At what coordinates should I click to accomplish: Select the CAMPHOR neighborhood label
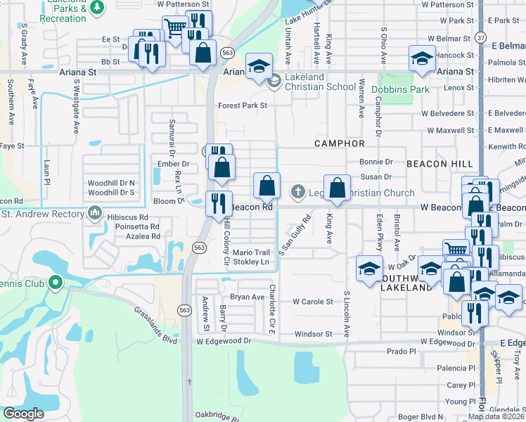pyautogui.click(x=339, y=143)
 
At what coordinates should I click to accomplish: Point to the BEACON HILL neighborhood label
pyautogui.click(x=444, y=163)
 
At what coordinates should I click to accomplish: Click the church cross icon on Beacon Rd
pyautogui.click(x=297, y=191)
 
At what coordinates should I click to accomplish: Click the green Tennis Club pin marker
pyautogui.click(x=56, y=283)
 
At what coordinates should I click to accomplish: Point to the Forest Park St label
pyautogui.click(x=243, y=105)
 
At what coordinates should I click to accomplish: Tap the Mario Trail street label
pyautogui.click(x=251, y=252)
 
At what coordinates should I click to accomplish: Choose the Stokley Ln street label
pyautogui.click(x=251, y=262)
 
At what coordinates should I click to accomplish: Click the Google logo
pyautogui.click(x=23, y=413)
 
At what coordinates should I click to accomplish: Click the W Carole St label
pyautogui.click(x=312, y=302)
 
